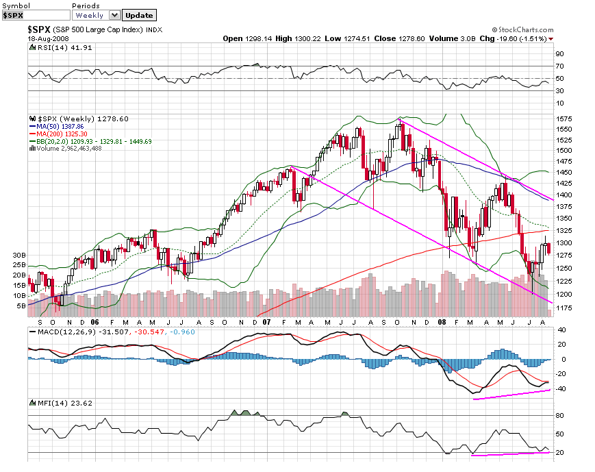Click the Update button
click(139, 15)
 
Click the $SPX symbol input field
click(35, 15)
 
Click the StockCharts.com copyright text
click(522, 30)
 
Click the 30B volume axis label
click(18, 255)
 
